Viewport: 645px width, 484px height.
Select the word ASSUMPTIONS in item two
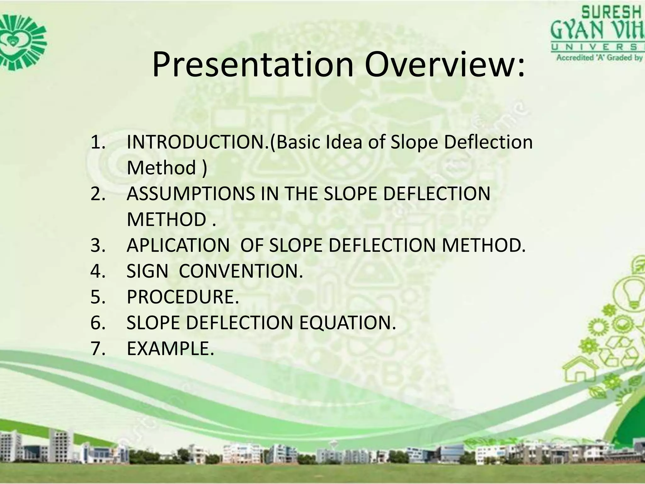coord(191,193)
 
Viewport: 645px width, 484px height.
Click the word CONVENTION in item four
coord(241,271)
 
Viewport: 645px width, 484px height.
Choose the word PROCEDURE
coord(183,297)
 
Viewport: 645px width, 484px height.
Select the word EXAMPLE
coord(170,349)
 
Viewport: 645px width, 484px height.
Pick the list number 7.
coord(98,349)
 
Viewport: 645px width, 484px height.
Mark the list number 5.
coord(98,297)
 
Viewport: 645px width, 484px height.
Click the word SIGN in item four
coord(147,271)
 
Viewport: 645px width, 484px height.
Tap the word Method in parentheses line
coord(161,168)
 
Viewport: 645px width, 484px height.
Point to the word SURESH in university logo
coord(611,13)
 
